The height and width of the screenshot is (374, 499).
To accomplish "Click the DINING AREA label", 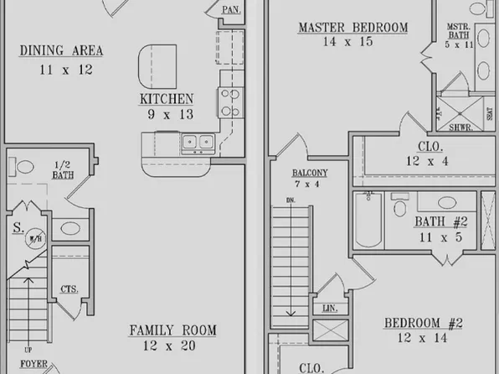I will [61, 51].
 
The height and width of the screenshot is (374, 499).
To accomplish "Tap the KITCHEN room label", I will [167, 99].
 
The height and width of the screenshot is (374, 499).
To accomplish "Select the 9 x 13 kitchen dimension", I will [167, 114].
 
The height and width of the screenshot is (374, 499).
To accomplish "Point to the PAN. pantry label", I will [232, 10].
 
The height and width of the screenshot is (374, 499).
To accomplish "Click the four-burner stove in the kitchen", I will [229, 101].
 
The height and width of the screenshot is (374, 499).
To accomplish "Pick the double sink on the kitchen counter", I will [197, 142].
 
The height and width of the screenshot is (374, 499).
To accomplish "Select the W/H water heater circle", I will [35, 239].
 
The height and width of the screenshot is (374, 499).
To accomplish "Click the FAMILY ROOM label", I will [172, 330].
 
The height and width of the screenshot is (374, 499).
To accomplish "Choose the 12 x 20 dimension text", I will [172, 345].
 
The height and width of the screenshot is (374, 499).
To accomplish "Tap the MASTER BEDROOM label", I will [352, 29].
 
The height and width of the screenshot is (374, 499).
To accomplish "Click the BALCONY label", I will [309, 174].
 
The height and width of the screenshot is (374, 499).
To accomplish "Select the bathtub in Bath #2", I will [368, 220].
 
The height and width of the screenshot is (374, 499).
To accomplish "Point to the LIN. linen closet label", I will [329, 309].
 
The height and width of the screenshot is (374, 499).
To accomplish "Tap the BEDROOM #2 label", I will [424, 324].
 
